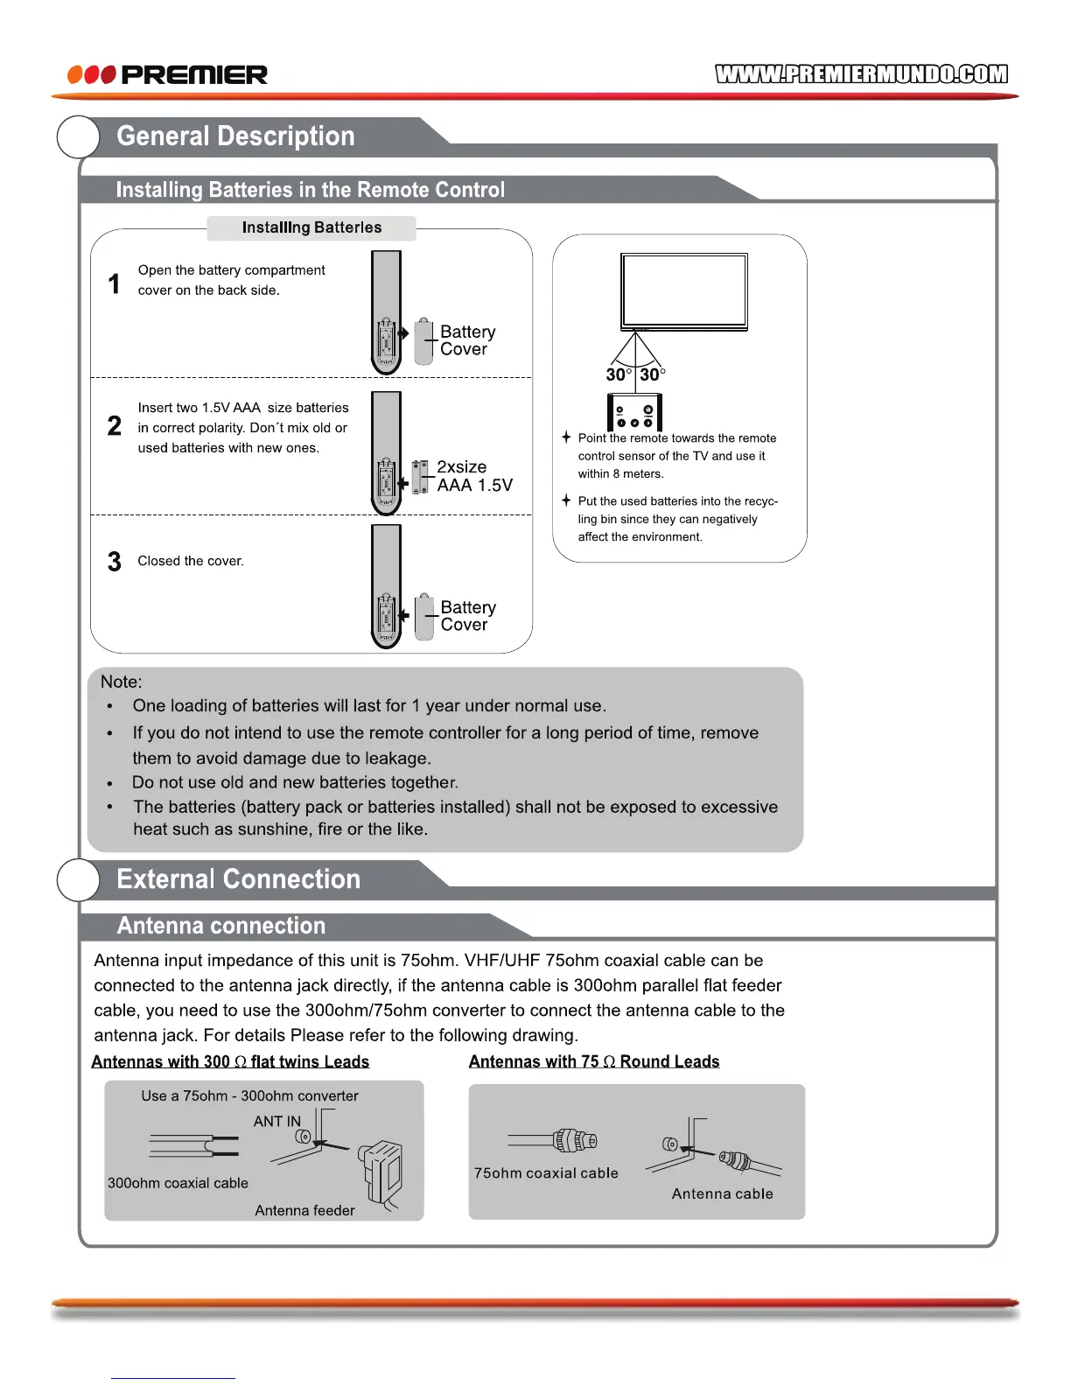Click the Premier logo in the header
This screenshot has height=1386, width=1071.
pyautogui.click(x=168, y=74)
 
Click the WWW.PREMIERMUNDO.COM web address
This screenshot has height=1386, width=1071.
pyautogui.click(x=861, y=74)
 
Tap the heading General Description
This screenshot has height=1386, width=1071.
pyautogui.click(x=235, y=136)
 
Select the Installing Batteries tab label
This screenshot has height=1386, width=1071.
pyautogui.click(x=311, y=227)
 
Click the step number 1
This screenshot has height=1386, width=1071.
pyautogui.click(x=114, y=283)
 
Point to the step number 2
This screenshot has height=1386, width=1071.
pyautogui.click(x=115, y=426)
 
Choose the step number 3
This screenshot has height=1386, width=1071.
pyautogui.click(x=115, y=562)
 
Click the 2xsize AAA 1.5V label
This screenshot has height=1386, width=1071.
pyautogui.click(x=473, y=476)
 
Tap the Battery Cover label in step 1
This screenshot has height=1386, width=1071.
pyautogui.click(x=467, y=340)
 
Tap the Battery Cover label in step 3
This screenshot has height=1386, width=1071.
pyautogui.click(x=467, y=616)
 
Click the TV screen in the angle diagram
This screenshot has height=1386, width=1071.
pyautogui.click(x=684, y=290)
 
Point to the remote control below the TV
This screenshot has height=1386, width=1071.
pyautogui.click(x=634, y=411)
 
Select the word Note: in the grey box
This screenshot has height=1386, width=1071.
pyautogui.click(x=121, y=682)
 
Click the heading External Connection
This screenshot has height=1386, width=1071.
pyautogui.click(x=238, y=879)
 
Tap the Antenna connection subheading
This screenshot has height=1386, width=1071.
pyautogui.click(x=221, y=926)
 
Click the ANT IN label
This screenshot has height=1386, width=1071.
pyautogui.click(x=276, y=1122)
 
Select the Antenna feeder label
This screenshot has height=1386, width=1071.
pyautogui.click(x=304, y=1211)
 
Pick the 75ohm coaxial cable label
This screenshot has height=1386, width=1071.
pyautogui.click(x=546, y=1173)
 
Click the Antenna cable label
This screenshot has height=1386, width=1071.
pyautogui.click(x=722, y=1194)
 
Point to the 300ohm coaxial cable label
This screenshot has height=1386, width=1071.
pyautogui.click(x=178, y=1183)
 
